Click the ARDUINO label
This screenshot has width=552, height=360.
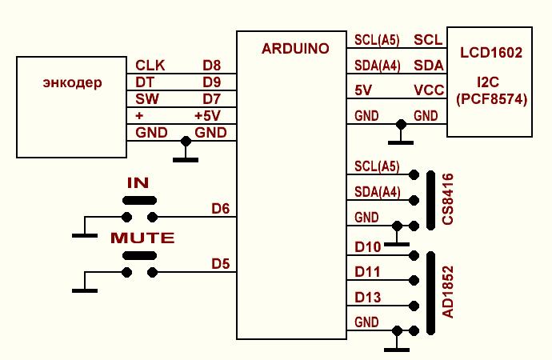pos(295,49)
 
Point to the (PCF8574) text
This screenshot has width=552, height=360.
pos(490,99)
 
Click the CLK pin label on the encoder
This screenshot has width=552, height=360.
pos(150,66)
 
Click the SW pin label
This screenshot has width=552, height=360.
pos(147,99)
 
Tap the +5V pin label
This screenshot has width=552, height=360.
pos(207,116)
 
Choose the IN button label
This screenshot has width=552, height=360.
pos(138,183)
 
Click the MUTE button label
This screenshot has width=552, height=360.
pos(142,238)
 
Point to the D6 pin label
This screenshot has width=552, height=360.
pos(221,209)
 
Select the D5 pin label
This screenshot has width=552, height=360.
pos(221,263)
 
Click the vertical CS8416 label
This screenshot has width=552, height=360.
pos(448,199)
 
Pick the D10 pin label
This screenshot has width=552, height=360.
pos(367,247)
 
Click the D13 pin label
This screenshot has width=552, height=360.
pos(367,298)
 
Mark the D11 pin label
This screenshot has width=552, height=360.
pos(367,273)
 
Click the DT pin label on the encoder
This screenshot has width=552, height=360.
pos(145,82)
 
